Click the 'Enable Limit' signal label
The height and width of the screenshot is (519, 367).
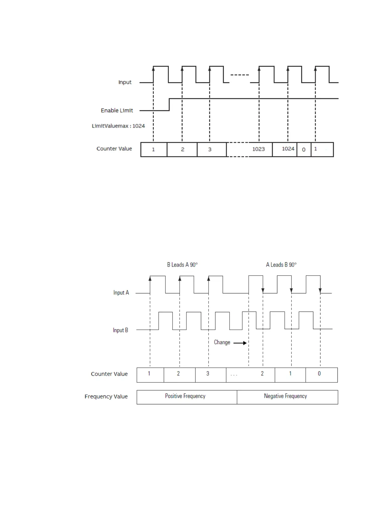117,110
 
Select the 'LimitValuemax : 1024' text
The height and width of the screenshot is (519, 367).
118,126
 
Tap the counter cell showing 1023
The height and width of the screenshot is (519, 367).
258,149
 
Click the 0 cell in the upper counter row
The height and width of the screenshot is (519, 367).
304,149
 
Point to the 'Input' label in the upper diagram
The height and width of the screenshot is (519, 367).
125,82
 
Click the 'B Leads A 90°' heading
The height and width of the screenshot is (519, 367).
182,265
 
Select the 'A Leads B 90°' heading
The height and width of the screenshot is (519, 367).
281,265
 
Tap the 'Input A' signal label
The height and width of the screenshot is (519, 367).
121,292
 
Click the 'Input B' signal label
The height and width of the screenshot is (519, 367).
120,330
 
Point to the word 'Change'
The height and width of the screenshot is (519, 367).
222,342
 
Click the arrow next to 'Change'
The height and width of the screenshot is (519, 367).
240,343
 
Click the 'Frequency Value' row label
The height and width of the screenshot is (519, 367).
106,396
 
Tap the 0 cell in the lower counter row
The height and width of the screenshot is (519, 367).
321,374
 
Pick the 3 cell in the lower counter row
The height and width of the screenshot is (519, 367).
210,374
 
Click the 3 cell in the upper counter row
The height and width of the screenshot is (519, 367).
211,149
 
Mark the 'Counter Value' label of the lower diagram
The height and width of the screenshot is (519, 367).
109,374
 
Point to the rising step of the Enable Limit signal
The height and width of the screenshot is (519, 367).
169,104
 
